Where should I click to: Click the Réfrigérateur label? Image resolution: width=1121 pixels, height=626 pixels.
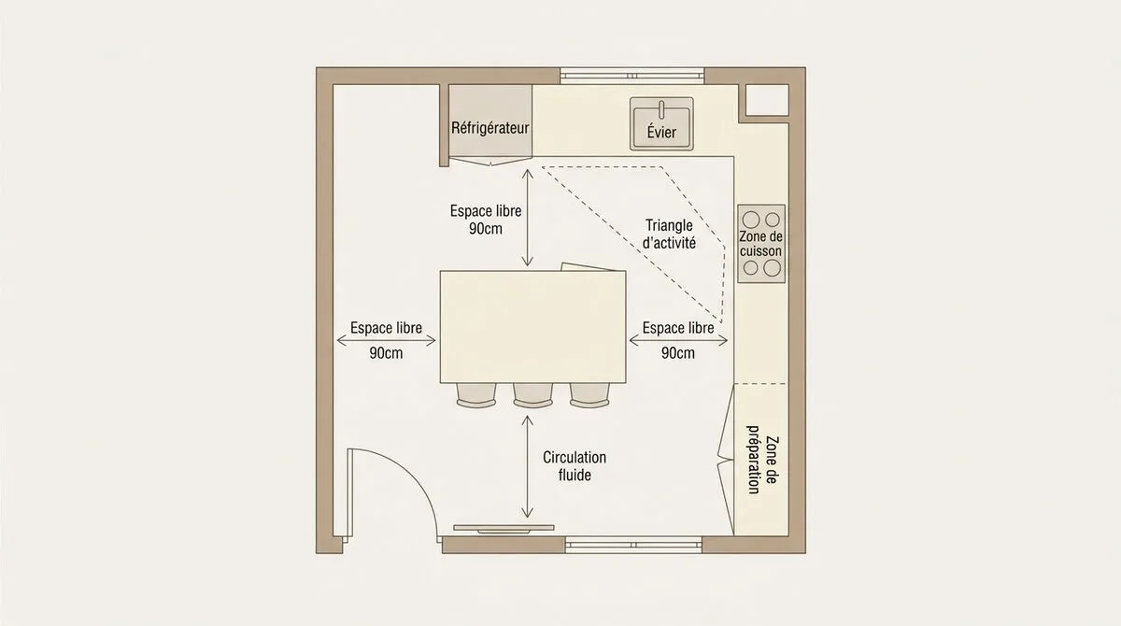coord(490,128)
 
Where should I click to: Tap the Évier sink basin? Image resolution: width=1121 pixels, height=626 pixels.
coord(661,123)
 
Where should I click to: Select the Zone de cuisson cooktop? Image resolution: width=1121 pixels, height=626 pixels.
coord(761,244)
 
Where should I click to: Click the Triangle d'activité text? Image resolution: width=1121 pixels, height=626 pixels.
coord(669,234)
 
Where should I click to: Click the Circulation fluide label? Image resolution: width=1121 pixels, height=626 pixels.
coord(575,465)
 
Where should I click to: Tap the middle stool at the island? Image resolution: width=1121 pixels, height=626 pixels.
coord(533,395)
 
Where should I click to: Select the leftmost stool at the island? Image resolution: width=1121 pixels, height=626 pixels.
coord(476,395)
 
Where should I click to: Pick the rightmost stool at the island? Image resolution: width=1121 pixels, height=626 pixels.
coord(589,395)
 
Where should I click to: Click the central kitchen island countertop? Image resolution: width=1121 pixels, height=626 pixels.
coord(533,327)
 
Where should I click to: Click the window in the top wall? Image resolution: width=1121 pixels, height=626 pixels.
coord(632,76)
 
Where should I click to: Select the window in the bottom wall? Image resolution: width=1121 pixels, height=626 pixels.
coord(633,545)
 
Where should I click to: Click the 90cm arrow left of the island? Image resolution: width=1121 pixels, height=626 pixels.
coord(386,341)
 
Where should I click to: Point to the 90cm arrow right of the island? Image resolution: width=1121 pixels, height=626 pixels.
coord(678,341)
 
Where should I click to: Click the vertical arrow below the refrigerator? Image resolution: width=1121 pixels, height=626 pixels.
coord(528,218)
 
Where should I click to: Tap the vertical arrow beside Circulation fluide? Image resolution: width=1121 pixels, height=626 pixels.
coord(528,467)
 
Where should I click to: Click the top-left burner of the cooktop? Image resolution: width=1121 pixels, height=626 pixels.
coord(751,220)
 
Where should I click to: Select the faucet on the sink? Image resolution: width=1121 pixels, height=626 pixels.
coord(661,108)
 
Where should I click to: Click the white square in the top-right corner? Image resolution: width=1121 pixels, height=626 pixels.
coord(767,100)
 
